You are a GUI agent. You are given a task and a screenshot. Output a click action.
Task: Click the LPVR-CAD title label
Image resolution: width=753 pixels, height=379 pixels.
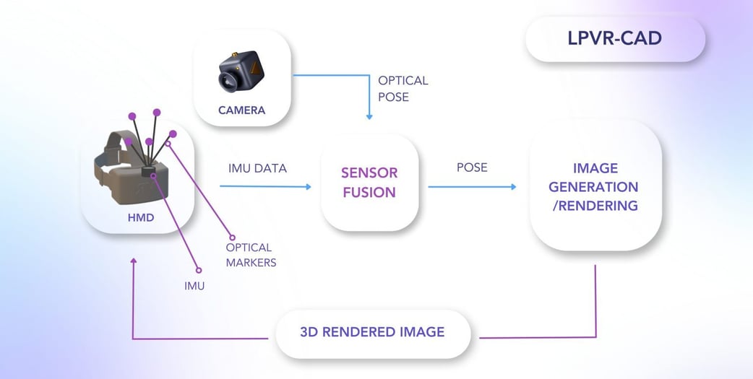pyautogui.click(x=614, y=38)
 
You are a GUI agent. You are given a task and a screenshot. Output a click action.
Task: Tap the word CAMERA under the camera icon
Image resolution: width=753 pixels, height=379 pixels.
pyautogui.click(x=241, y=110)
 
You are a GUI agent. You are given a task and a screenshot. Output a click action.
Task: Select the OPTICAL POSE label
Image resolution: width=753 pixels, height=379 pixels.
pyautogui.click(x=403, y=88)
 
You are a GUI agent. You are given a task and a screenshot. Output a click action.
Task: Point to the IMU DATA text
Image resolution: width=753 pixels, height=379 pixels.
pyautogui.click(x=257, y=168)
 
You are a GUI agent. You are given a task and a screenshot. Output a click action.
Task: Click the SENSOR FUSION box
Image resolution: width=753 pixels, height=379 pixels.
pyautogui.click(x=369, y=183)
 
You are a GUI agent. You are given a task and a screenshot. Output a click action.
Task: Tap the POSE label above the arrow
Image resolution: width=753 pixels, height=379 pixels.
pyautogui.click(x=472, y=167)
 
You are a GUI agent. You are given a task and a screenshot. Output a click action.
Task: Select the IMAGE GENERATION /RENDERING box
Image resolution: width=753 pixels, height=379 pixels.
pyautogui.click(x=595, y=186)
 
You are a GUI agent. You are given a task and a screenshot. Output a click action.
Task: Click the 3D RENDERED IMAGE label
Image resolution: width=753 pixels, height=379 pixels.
pyautogui.click(x=372, y=332)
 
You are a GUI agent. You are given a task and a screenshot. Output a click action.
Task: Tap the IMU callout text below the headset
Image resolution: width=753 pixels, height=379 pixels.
pyautogui.click(x=194, y=286)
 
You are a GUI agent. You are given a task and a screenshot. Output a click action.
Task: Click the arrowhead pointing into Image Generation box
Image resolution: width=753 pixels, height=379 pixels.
pyautogui.click(x=513, y=187)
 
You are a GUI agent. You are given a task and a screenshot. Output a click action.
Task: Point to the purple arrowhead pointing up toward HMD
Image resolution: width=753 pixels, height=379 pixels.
pyautogui.click(x=133, y=261)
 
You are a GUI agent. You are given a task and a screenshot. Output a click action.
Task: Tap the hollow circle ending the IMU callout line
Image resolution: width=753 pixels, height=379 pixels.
pyautogui.click(x=198, y=271)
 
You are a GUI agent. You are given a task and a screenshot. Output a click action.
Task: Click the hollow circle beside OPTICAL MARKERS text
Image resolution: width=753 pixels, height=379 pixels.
pyautogui.click(x=231, y=238)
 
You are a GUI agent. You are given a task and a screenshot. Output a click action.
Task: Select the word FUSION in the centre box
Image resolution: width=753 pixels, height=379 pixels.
pyautogui.click(x=369, y=193)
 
